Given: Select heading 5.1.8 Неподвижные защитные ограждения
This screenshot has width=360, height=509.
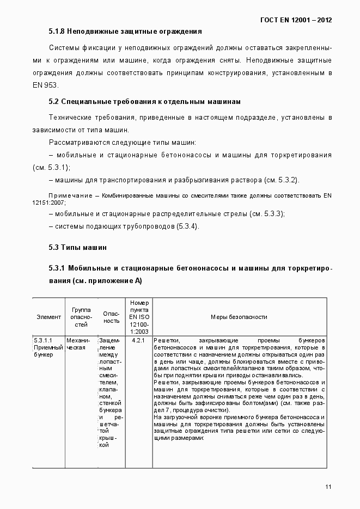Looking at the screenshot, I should [x=125, y=32].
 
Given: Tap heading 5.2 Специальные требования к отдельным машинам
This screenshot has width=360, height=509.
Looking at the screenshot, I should [x=144, y=102].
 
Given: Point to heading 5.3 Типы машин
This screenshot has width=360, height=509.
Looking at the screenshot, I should [x=77, y=247].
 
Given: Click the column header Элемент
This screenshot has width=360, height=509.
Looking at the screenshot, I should [x=48, y=316].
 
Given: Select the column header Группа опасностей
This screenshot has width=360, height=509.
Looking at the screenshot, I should [x=81, y=316].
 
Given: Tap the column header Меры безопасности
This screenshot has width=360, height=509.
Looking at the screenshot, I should [x=239, y=316].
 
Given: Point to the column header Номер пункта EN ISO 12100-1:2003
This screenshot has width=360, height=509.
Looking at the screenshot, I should [x=139, y=316].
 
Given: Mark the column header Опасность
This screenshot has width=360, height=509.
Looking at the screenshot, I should [x=111, y=316].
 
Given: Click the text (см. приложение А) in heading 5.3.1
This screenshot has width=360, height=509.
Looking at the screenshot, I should [x=107, y=281].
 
